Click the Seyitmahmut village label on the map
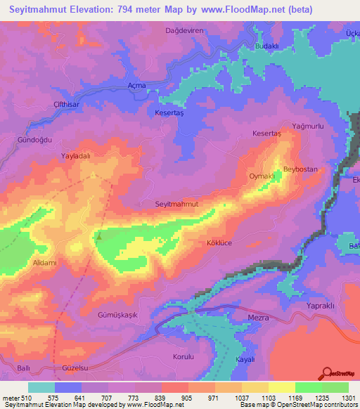tap(176, 204)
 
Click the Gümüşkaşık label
tap(117, 315)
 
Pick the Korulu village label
tap(183, 357)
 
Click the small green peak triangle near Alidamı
tap(98, 236)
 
